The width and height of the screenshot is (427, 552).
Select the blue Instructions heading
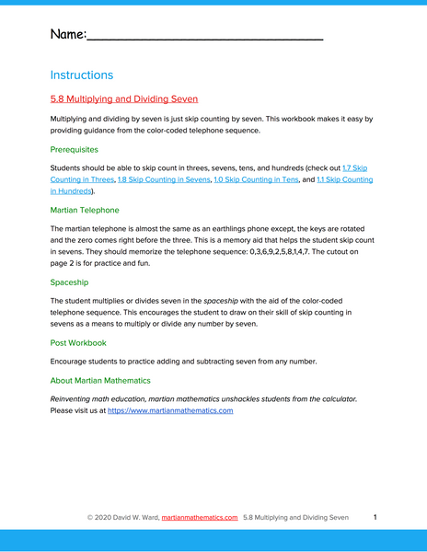click(82, 75)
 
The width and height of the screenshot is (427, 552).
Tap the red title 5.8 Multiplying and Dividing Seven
click(124, 98)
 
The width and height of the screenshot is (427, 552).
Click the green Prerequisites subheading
click(75, 149)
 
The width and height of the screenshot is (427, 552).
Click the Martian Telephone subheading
click(85, 210)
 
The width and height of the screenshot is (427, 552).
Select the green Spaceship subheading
click(70, 282)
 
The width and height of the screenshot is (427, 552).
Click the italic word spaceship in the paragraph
click(221, 300)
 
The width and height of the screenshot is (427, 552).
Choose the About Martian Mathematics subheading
click(100, 380)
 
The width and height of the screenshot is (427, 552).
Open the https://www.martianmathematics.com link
click(170, 410)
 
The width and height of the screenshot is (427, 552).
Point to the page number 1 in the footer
click(375, 518)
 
